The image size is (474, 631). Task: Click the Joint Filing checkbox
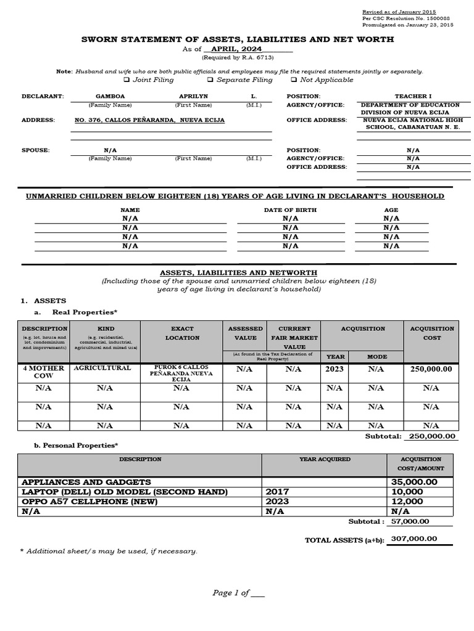click(127, 80)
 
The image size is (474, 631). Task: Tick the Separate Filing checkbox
click(210, 80)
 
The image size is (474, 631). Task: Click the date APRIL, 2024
click(236, 49)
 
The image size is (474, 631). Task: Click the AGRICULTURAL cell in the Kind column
click(102, 368)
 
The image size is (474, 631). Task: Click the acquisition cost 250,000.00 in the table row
click(431, 369)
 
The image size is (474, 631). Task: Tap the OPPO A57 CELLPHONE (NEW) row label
click(90, 502)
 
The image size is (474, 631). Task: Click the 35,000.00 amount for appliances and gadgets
click(414, 482)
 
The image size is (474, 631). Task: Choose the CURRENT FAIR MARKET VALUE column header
click(294, 338)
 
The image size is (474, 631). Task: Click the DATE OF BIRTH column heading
click(290, 210)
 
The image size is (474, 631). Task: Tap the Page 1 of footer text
click(238, 593)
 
